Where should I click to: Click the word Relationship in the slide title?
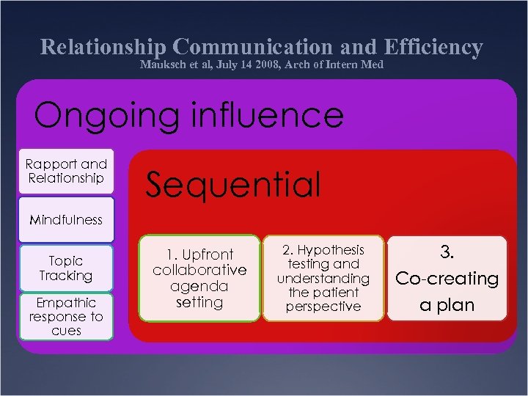click(103, 47)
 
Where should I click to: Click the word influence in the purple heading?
click(261, 115)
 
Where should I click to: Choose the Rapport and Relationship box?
click(66, 171)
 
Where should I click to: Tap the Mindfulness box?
click(66, 219)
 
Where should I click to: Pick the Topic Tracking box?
click(66, 268)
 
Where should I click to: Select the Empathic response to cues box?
click(66, 316)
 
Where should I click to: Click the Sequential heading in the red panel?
click(233, 184)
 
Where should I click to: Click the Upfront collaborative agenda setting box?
click(199, 278)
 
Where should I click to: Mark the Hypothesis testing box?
click(323, 278)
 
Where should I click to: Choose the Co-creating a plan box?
click(447, 278)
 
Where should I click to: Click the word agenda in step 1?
click(199, 286)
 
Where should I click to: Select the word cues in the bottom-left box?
click(66, 331)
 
